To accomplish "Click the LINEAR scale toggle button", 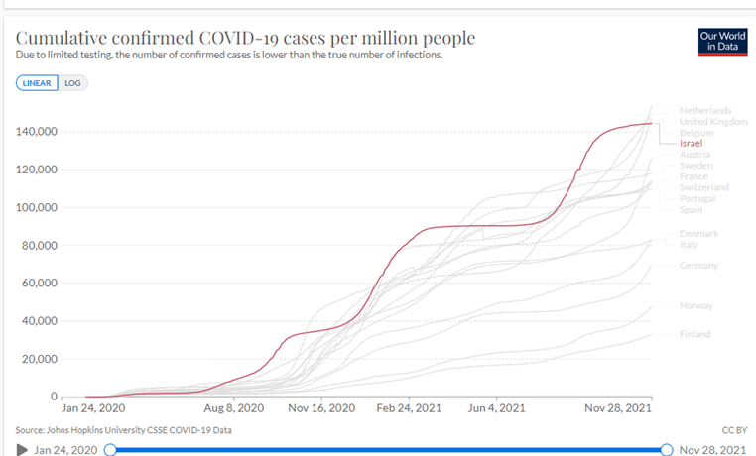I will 37,83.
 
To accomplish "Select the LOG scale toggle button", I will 72,83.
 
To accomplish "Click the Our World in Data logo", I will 722,41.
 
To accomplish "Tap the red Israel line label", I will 691,144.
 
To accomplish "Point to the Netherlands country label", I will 704,110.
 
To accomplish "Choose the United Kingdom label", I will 712,122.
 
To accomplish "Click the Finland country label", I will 694,334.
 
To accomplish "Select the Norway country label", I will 695,306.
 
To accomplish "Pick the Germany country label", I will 698,266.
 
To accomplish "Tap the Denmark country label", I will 698,233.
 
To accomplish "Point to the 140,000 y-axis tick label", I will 36,132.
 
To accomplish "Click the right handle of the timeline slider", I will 667,450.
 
